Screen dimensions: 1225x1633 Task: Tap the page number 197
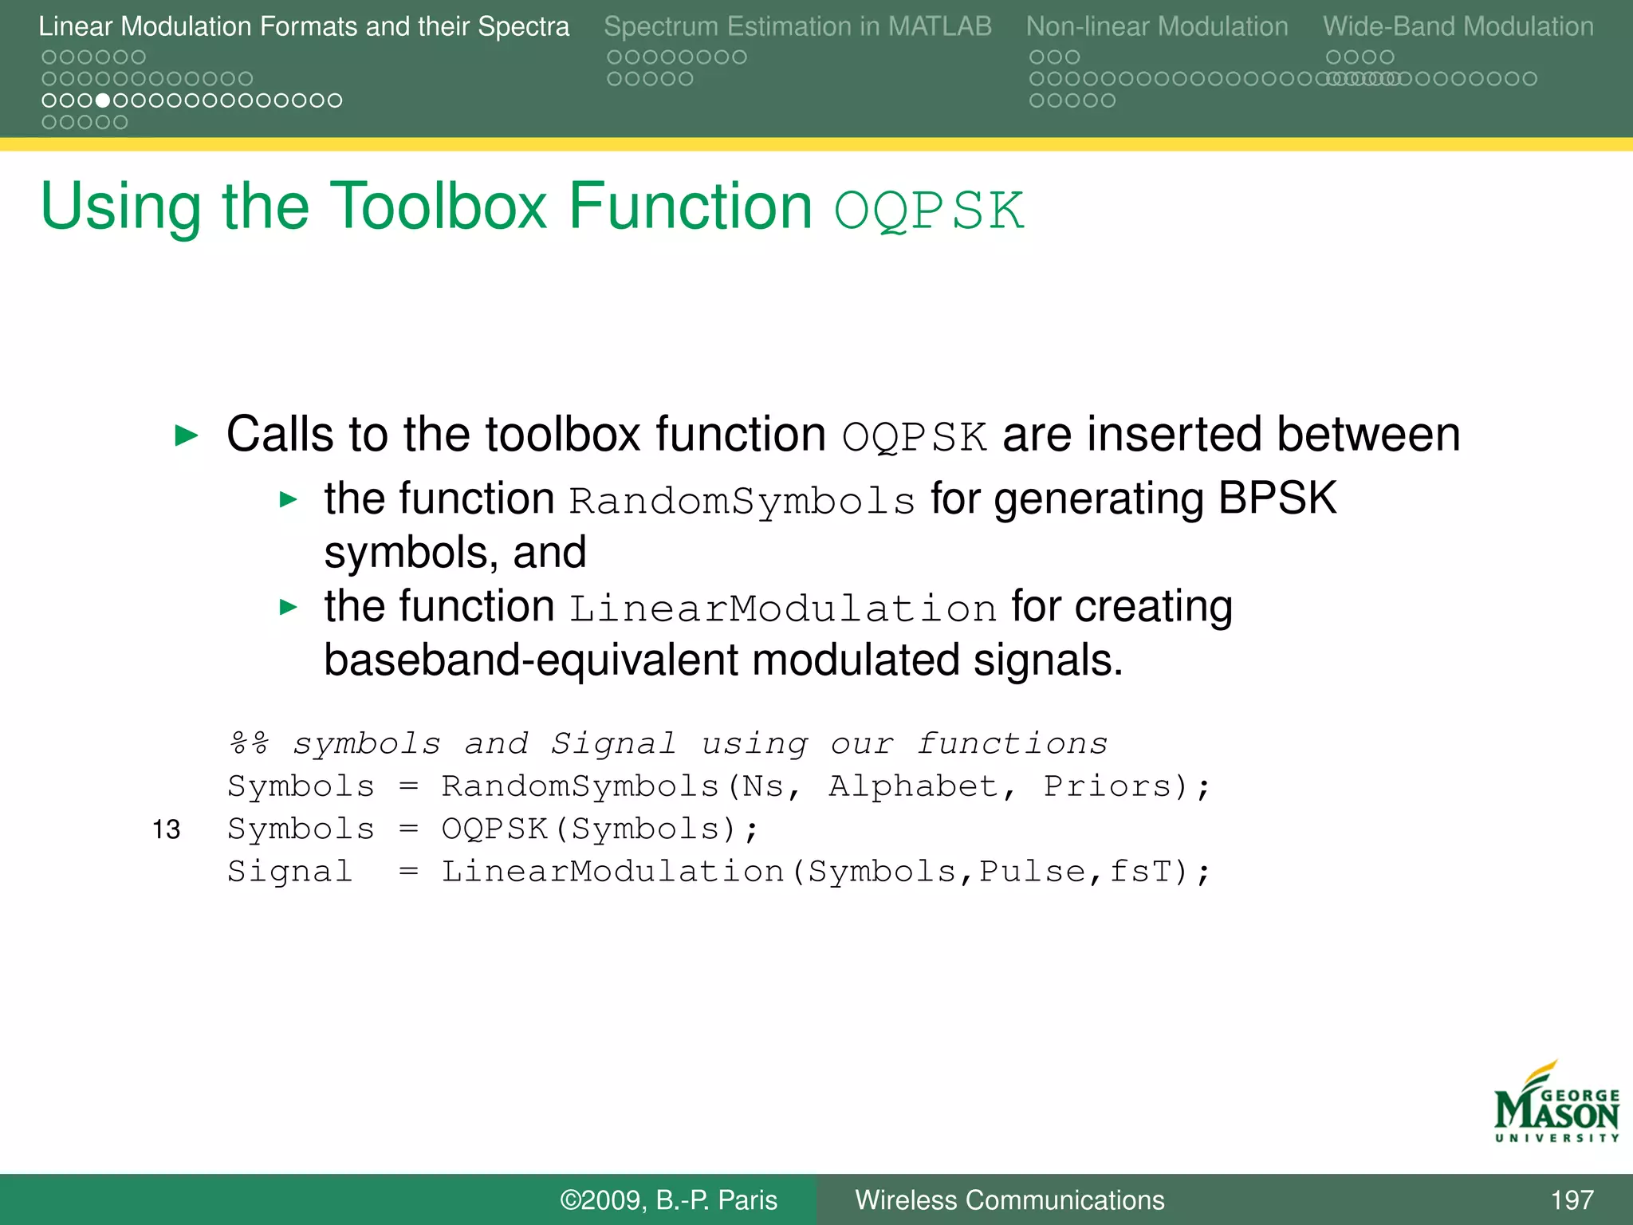tap(1571, 1199)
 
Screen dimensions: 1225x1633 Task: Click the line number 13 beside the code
tap(167, 829)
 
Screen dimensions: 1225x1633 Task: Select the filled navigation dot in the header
tap(103, 100)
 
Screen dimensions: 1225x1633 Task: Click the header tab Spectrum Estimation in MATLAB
tap(797, 26)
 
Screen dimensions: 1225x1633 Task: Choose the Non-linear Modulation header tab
tap(1156, 26)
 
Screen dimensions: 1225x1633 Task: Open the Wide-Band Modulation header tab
tap(1458, 26)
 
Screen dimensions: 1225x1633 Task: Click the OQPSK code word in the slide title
tap(928, 211)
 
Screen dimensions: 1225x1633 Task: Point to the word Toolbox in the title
tap(438, 206)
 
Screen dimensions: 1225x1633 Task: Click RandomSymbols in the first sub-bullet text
tap(742, 501)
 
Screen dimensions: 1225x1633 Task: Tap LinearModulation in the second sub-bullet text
tap(782, 609)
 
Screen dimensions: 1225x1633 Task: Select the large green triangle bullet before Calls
tap(187, 435)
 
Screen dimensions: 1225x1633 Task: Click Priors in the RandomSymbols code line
tap(1108, 786)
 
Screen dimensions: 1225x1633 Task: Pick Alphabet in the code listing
tap(913, 786)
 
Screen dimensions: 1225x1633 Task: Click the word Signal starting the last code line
tap(289, 871)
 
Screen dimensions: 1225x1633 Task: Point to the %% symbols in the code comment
tap(250, 743)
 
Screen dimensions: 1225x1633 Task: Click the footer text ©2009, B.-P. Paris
tap(668, 1199)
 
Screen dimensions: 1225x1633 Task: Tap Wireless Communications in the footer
tap(1009, 1199)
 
